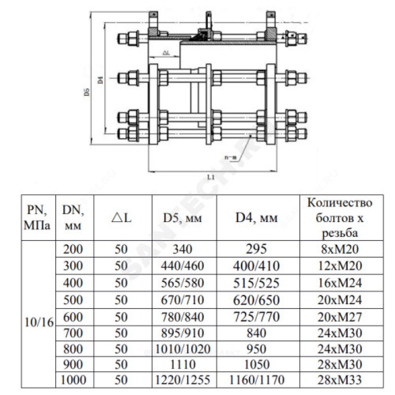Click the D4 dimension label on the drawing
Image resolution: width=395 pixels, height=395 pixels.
tap(100, 79)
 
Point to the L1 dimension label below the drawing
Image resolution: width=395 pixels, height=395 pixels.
tap(211, 176)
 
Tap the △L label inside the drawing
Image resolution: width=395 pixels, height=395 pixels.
tap(166, 52)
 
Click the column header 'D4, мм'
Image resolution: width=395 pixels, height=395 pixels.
tap(256, 217)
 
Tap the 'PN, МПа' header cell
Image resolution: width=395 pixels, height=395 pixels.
tap(38, 217)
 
